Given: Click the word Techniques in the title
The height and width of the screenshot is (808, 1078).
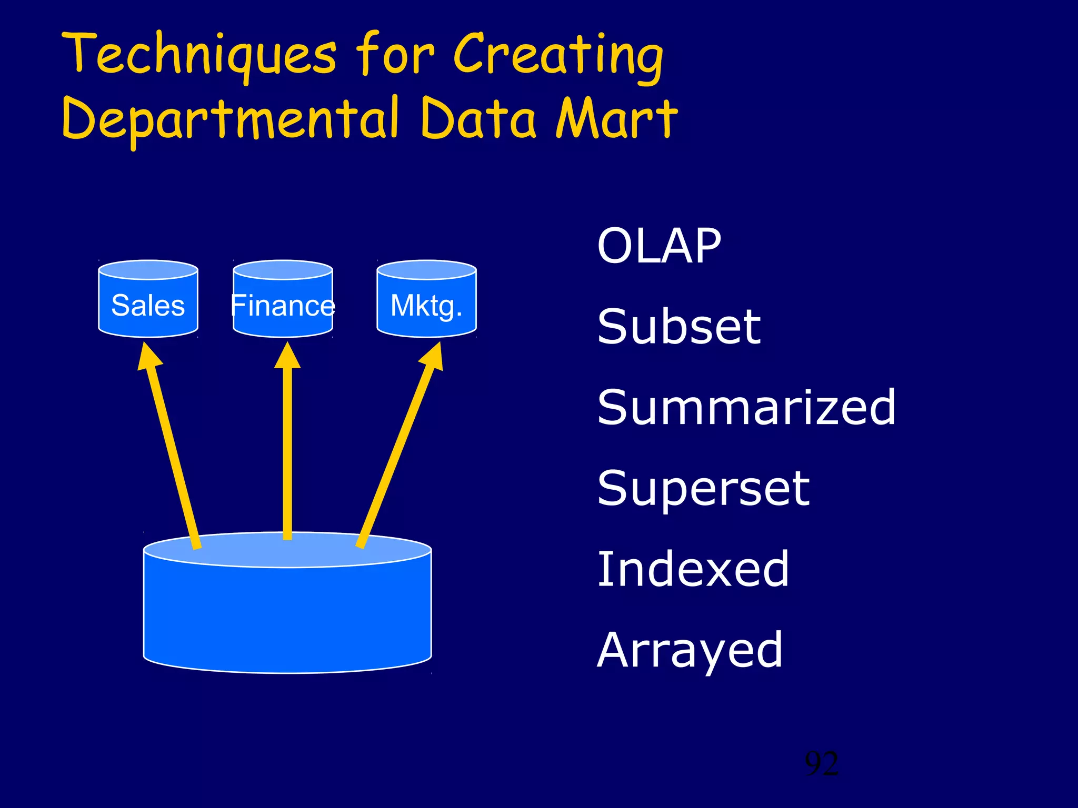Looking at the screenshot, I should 199,55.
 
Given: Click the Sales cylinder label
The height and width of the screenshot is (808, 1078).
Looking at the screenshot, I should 148,306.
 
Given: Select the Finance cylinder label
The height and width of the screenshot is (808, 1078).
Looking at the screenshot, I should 283,306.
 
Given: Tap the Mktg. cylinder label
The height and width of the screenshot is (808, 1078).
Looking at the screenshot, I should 426,306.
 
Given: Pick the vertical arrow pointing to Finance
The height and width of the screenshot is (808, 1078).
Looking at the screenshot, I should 287,447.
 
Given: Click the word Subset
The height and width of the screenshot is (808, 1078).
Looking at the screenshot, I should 679,327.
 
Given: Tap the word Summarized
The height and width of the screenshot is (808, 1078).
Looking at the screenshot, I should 746,407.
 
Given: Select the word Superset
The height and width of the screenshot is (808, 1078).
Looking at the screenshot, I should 703,489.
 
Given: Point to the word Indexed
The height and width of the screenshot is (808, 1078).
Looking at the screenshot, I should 693,569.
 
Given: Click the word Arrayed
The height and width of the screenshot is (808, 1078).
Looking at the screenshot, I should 690,651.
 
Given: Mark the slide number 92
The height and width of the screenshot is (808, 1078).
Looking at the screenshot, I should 822,764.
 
